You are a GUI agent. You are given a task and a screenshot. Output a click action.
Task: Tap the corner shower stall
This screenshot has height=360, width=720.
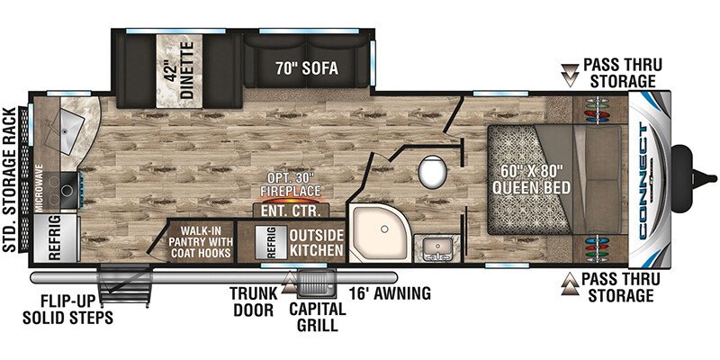pos(376,233)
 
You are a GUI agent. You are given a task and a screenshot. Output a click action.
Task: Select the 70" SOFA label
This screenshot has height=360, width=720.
pos(307,68)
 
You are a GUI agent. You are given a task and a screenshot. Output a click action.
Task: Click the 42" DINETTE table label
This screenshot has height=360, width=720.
pos(179,70)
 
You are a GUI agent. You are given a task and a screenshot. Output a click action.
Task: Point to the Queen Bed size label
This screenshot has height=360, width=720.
pos(531,179)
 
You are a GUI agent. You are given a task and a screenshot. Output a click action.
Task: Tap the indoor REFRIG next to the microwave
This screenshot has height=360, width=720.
pos(54,238)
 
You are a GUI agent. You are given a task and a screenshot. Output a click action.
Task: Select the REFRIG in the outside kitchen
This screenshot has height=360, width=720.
pos(271,241)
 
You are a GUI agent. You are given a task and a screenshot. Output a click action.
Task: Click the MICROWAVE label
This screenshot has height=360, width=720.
pos(40,188)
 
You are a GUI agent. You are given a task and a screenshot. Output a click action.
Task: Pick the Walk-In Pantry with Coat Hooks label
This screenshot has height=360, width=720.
pos(200,241)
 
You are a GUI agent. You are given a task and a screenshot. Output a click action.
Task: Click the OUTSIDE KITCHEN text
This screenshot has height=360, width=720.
pos(316,242)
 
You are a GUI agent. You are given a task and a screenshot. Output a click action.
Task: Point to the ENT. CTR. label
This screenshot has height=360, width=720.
pos(291,211)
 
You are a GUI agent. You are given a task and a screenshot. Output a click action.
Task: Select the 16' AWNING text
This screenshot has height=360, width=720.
pos(390,292)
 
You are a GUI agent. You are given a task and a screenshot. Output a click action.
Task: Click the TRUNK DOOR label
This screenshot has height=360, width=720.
pos(254,301)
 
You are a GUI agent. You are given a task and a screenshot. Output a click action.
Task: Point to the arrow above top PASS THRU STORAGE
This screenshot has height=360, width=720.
pos(570,74)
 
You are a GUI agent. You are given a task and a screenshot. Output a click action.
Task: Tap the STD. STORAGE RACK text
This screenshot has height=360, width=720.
pos(10,179)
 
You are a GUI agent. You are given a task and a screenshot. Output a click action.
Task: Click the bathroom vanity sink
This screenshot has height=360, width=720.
pos(436,248)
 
